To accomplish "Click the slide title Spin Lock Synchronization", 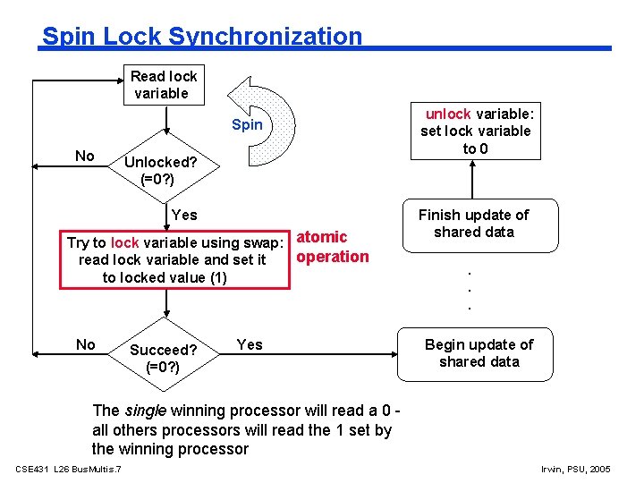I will point(202,37).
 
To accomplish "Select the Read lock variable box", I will point(163,84).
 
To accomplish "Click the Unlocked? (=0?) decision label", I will point(160,170).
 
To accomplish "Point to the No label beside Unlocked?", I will point(85,157).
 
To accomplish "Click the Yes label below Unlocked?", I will point(183,215).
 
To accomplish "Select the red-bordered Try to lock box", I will point(175,259).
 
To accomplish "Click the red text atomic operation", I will point(332,247).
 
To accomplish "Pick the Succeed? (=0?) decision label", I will point(163,358).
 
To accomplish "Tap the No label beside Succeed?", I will point(86,344).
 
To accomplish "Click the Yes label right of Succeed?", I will point(250,344).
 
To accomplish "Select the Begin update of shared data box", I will point(479,352).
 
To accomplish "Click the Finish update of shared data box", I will point(474,224).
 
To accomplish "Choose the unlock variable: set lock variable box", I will point(476,131).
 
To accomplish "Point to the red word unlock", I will point(447,114).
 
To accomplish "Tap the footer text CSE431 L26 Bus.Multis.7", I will point(69,470).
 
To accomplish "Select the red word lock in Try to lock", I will point(125,242).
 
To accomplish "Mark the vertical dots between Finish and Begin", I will point(470,286).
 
